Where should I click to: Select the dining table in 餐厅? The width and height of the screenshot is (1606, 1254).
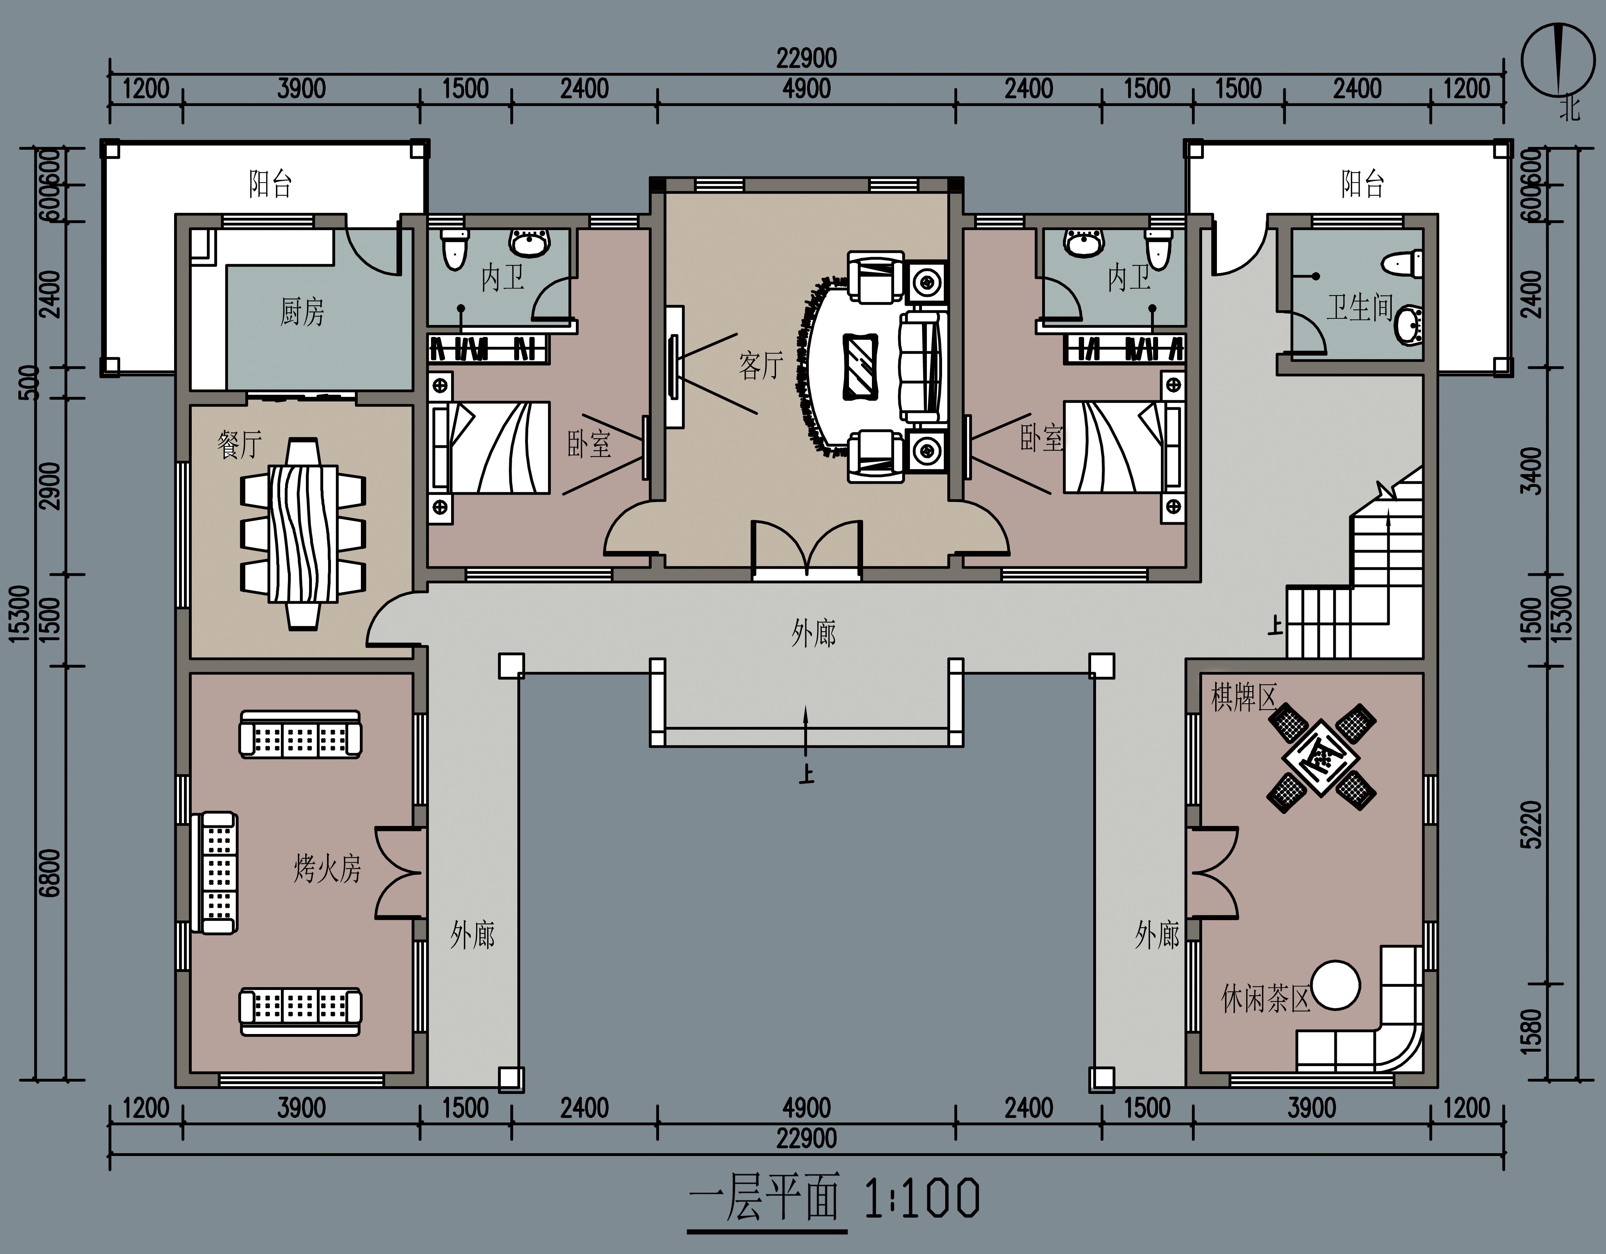(x=303, y=534)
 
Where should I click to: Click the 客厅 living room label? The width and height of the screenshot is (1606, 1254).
(x=761, y=366)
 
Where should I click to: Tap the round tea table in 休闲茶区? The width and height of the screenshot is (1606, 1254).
(x=1335, y=985)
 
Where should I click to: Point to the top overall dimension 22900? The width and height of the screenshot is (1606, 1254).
(x=807, y=58)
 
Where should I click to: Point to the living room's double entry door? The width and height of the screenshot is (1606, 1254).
(x=807, y=548)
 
